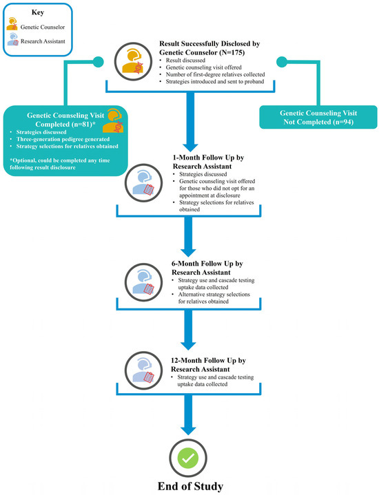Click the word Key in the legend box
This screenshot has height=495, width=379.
tap(41, 12)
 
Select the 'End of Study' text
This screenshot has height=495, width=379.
tap(189, 486)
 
